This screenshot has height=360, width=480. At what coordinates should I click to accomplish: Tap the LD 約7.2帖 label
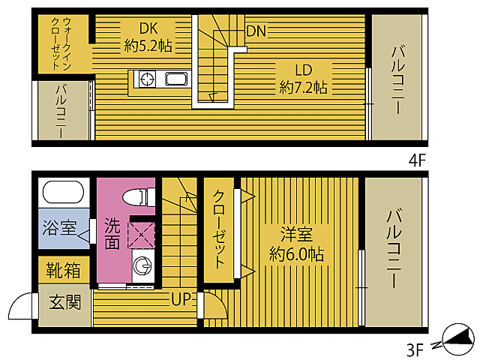[302, 78]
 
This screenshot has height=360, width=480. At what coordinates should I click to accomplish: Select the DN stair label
[256, 31]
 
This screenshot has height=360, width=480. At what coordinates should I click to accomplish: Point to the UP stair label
[181, 301]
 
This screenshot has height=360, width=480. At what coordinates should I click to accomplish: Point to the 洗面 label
[112, 233]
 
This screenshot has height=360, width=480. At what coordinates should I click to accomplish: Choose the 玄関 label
[65, 303]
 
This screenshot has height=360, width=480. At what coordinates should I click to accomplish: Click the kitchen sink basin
[176, 79]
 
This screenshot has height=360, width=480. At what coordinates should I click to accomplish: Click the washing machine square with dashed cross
[141, 234]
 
